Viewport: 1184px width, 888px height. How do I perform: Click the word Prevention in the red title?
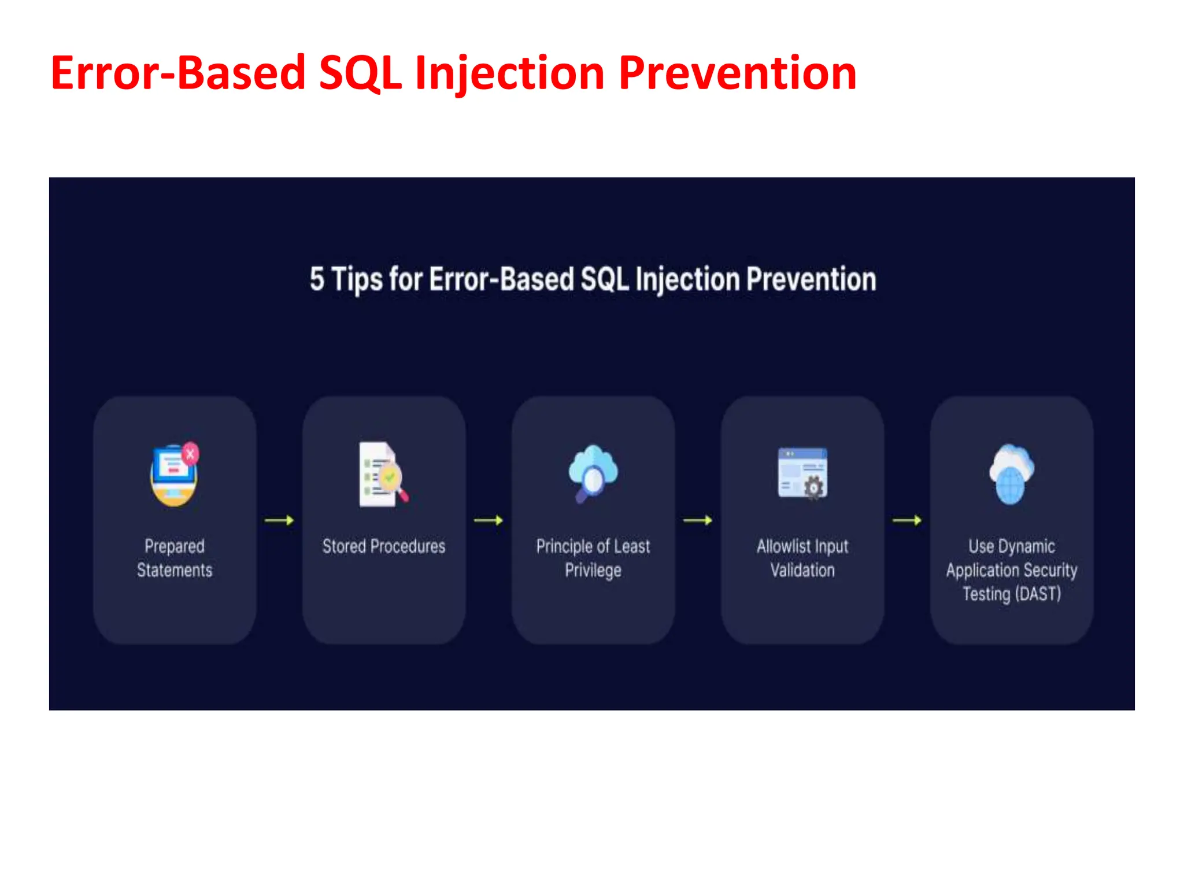[737, 73]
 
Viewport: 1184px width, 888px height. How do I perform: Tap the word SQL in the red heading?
[360, 73]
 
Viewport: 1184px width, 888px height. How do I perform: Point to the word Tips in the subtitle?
[357, 280]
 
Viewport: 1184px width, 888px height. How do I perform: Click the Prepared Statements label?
[175, 558]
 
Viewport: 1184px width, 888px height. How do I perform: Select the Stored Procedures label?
[384, 546]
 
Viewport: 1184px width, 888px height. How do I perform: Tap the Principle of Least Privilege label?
[593, 558]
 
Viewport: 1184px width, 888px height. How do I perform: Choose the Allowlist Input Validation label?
[802, 558]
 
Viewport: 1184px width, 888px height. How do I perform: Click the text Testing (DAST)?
[1012, 594]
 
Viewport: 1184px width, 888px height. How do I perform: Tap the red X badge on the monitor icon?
[190, 454]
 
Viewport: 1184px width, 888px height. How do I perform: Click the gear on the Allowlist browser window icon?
[814, 487]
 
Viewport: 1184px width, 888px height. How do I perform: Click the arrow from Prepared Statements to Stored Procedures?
[279, 520]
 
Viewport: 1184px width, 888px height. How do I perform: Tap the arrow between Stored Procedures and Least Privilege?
[489, 520]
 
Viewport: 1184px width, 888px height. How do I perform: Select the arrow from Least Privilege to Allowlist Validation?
[698, 520]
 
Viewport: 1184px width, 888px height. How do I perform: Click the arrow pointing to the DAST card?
[907, 520]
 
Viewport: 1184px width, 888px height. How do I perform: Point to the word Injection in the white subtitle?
[687, 280]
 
